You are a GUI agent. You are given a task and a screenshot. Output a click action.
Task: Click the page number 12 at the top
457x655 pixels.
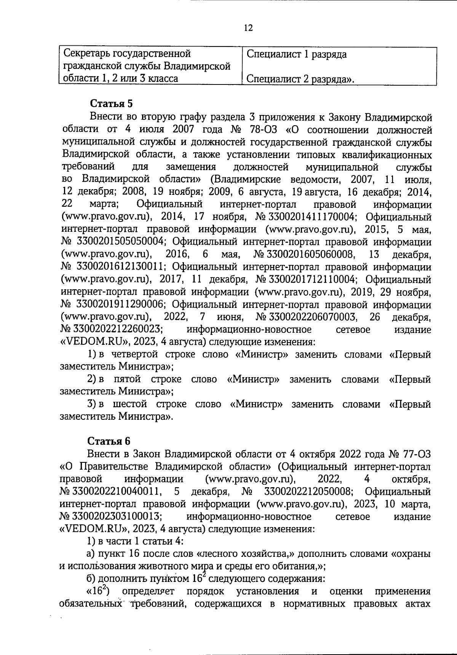point(248,28)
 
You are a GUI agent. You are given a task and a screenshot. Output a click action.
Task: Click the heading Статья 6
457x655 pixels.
point(109,441)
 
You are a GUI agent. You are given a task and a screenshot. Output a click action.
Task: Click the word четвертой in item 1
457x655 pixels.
point(135,354)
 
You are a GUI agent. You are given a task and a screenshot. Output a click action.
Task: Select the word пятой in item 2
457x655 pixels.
point(127,379)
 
